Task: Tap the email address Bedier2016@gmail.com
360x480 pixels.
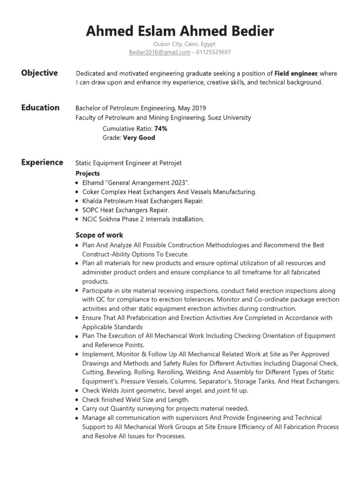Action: (x=159, y=52)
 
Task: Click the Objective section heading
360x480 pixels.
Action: (x=39, y=73)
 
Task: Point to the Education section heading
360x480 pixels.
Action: (x=40, y=108)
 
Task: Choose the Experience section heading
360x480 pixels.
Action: (x=42, y=163)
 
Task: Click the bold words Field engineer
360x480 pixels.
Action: (x=296, y=74)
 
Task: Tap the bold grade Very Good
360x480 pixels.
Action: (x=139, y=138)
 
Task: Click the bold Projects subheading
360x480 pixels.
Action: (x=88, y=173)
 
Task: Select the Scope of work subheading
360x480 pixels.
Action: (x=99, y=235)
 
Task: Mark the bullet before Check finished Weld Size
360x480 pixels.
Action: (x=77, y=400)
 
